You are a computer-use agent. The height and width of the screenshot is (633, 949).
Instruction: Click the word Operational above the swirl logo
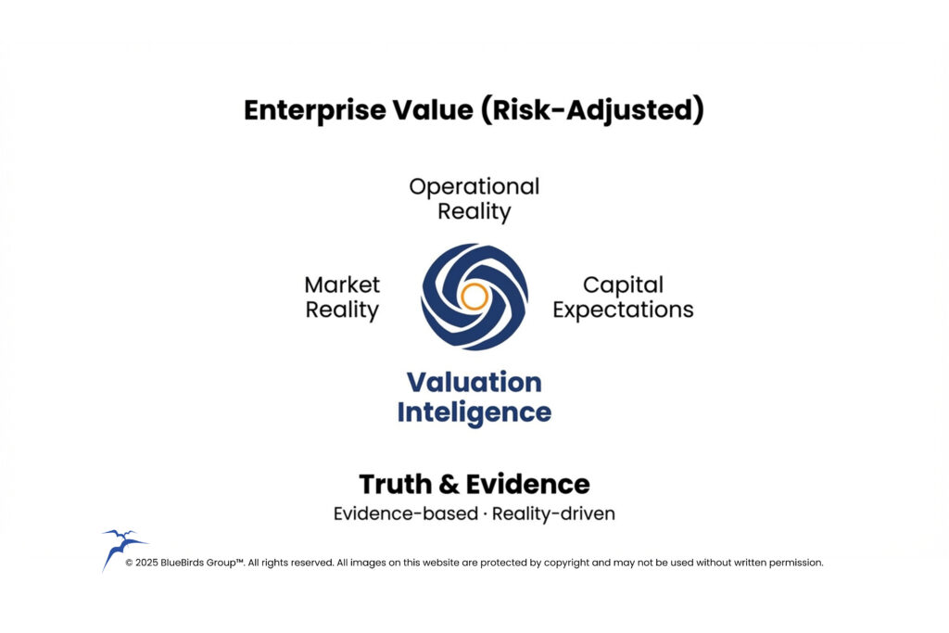click(x=474, y=186)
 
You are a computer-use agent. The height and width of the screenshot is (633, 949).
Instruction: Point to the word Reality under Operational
click(x=474, y=211)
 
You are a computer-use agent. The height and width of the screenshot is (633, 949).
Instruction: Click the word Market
click(x=342, y=285)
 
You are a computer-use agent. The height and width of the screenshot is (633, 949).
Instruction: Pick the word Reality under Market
click(x=342, y=310)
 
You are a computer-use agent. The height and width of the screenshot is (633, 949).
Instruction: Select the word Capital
click(x=623, y=285)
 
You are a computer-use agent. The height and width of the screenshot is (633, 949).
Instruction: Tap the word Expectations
click(x=623, y=310)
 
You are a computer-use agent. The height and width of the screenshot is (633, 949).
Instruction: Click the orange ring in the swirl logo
click(x=474, y=297)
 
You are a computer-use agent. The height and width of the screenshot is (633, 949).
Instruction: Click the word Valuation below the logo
click(x=474, y=382)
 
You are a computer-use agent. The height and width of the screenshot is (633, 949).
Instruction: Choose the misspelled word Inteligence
click(x=474, y=412)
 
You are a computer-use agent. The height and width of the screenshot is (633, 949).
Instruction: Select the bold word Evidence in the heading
click(x=527, y=484)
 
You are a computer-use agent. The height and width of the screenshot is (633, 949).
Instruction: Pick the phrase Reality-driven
click(x=553, y=513)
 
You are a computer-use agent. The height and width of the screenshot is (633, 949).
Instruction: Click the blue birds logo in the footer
click(x=121, y=547)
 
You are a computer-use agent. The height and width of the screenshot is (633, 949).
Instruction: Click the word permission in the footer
click(x=795, y=563)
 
